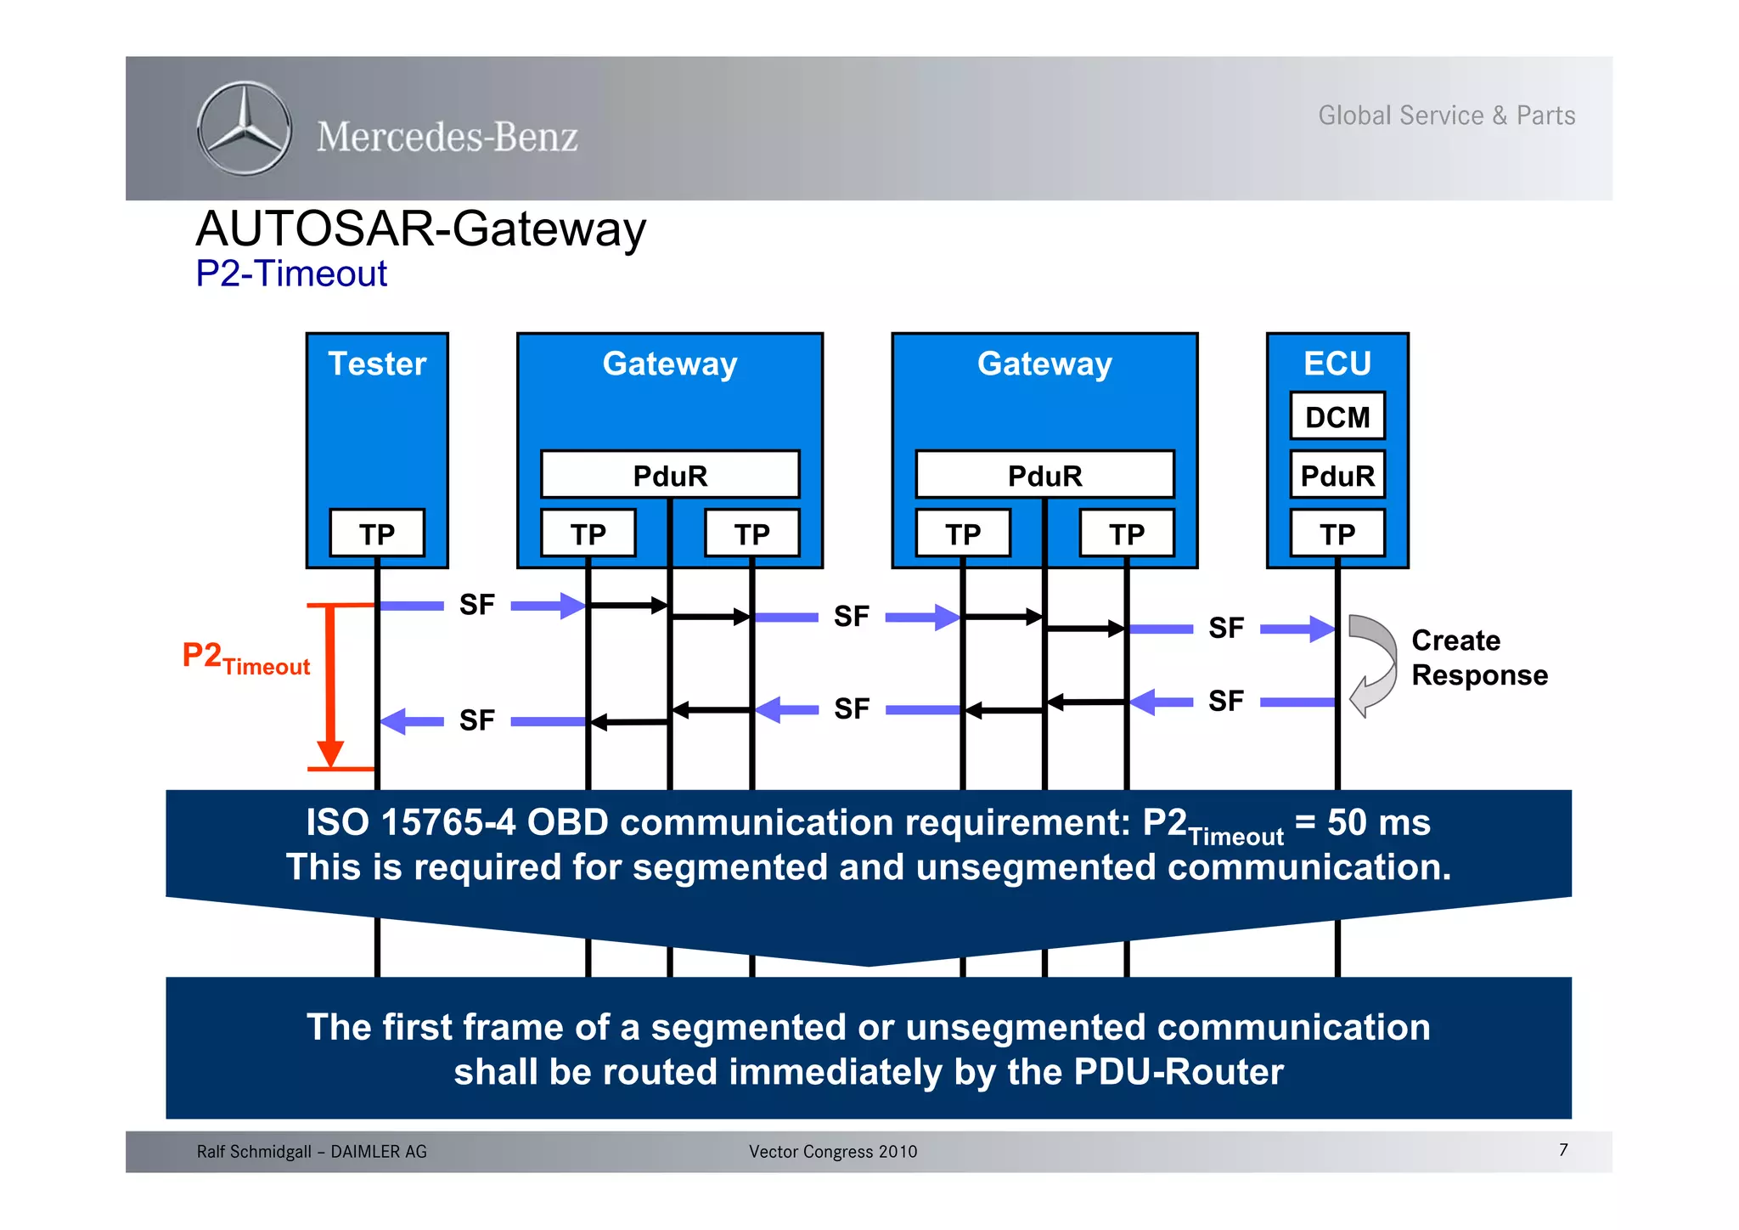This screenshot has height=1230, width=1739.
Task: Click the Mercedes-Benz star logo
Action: coord(245,129)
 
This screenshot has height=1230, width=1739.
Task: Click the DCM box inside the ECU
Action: coord(1337,416)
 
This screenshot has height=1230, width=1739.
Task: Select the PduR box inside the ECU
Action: coord(1337,475)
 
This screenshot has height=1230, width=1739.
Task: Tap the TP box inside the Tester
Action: coord(376,533)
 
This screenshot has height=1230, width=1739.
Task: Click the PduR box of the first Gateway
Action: coord(669,475)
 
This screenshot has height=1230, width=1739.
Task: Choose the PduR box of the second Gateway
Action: coord(1044,475)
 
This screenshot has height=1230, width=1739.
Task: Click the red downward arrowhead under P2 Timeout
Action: coord(330,753)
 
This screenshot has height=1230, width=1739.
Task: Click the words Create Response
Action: coord(1478,657)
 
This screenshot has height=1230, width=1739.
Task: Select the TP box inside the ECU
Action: coord(1337,533)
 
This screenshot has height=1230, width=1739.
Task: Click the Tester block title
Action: coord(376,364)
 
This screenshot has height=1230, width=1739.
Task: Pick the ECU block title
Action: coord(1337,364)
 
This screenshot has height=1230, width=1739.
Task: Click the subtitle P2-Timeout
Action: coord(291,274)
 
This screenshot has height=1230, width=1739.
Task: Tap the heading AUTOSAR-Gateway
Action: coord(421,229)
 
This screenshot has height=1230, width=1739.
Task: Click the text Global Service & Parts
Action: coord(1446,116)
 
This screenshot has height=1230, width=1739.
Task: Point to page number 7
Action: coord(1562,1149)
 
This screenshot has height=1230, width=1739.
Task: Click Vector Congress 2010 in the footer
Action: coord(832,1151)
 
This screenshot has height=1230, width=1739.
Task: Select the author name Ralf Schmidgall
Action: coord(254,1151)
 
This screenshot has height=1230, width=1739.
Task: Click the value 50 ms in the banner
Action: coord(1378,822)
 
